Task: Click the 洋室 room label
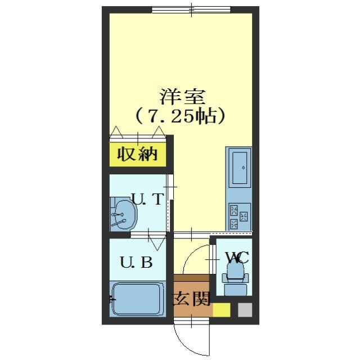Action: (181, 96)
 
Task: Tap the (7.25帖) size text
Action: (181, 116)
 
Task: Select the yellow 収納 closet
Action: (138, 154)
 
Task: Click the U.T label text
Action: (147, 199)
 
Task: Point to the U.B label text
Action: (136, 262)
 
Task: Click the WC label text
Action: (236, 258)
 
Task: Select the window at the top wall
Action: (191, 10)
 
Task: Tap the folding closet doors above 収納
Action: (138, 134)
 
